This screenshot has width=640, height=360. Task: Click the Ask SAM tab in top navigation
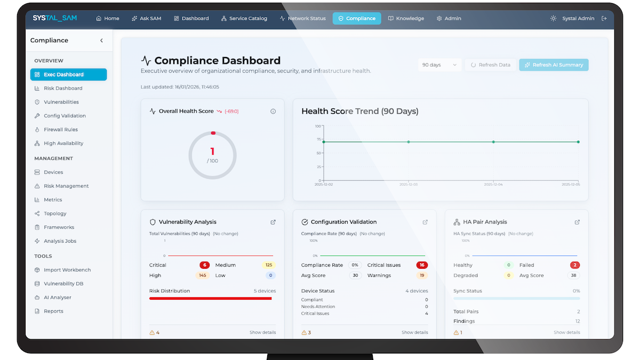(147, 18)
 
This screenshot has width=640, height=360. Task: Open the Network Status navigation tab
(302, 18)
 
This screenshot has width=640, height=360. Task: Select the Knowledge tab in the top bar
(406, 18)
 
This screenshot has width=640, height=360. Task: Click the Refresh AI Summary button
(554, 65)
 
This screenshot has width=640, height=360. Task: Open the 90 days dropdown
(439, 65)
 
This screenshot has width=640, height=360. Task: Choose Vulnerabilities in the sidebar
(61, 102)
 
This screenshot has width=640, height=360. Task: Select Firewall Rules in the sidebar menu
(61, 130)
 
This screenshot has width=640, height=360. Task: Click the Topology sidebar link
(55, 213)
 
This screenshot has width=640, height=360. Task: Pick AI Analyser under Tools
(58, 298)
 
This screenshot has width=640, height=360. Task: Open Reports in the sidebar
(53, 311)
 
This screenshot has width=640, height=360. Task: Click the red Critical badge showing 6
(204, 265)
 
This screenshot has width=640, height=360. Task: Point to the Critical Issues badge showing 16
(422, 265)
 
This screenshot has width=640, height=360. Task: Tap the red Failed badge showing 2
(574, 265)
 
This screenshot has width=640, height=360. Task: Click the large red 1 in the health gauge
(212, 151)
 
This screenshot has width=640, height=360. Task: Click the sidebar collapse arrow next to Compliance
(101, 41)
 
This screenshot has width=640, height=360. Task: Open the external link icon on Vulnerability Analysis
(273, 222)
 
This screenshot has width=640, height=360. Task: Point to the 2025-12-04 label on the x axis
(493, 184)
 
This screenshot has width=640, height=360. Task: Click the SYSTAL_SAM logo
(54, 18)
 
